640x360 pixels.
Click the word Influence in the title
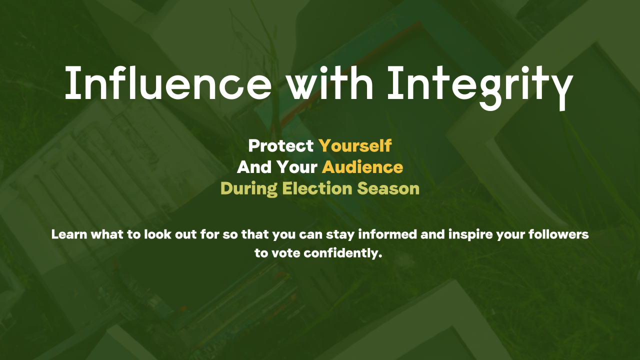pos(168,83)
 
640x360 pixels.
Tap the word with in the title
pos(330,83)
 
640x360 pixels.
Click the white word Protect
pos(281,145)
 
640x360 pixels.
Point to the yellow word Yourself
pos(355,145)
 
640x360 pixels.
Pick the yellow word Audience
pos(362,167)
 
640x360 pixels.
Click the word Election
pos(317,188)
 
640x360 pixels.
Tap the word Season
pos(388,188)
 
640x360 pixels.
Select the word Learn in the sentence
pos(69,234)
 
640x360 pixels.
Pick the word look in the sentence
pos(157,234)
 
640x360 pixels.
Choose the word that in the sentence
pos(255,234)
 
